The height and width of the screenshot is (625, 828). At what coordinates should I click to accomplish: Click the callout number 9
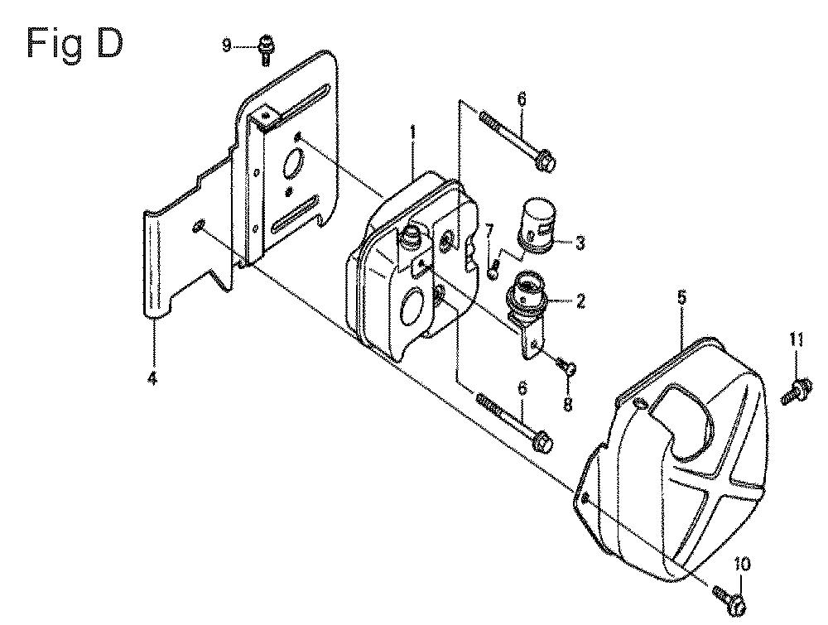click(226, 46)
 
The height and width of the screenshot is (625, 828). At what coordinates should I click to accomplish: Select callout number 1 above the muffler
click(413, 132)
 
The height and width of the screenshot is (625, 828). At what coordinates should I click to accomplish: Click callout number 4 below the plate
click(152, 378)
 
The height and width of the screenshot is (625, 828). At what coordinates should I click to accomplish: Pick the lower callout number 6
click(522, 388)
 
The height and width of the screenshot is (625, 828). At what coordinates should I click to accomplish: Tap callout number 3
click(580, 244)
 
